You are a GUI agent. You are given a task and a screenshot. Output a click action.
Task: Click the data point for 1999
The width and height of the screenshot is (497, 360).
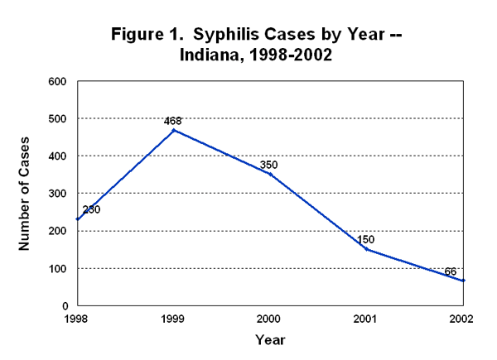(173, 130)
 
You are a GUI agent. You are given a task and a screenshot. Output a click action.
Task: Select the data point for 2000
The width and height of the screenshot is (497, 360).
(270, 174)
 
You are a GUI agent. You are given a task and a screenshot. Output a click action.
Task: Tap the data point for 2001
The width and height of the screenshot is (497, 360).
(367, 249)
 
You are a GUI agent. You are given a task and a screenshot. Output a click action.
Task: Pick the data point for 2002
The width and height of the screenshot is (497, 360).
(464, 281)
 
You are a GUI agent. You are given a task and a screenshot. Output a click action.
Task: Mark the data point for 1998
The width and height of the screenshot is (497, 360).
(76, 219)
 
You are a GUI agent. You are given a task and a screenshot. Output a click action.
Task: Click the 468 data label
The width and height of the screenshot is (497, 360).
(172, 121)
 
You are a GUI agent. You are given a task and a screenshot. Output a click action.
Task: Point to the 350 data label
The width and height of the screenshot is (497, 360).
(268, 165)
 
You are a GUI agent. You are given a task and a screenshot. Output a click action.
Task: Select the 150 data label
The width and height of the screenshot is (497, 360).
(367, 239)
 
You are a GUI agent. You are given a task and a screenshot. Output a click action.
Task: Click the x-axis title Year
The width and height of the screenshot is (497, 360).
(270, 339)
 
